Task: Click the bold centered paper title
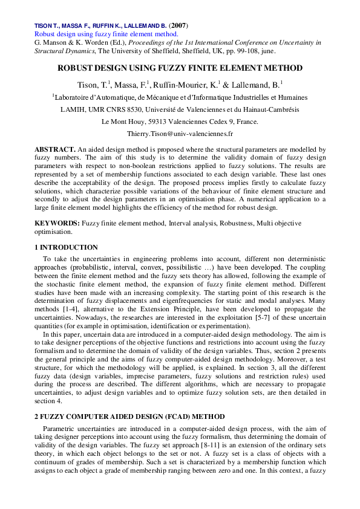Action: pos(180,69)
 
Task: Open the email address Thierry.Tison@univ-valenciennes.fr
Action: pos(180,133)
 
